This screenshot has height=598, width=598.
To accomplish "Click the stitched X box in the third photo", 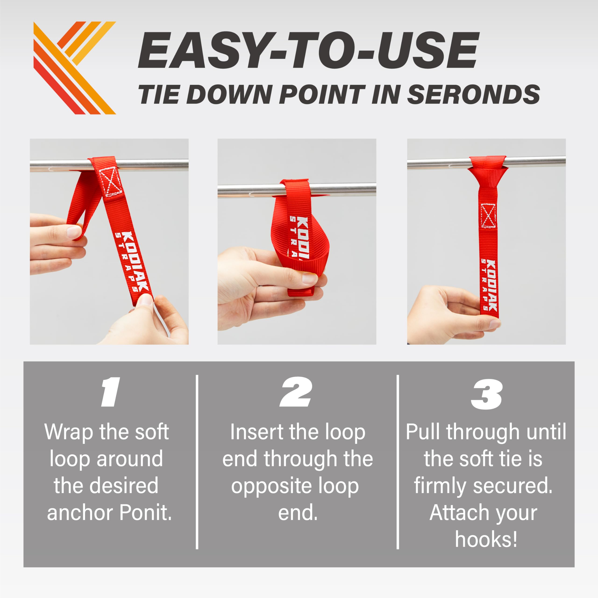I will (488, 216).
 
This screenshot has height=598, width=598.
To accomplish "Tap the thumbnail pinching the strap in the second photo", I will (310, 278).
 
